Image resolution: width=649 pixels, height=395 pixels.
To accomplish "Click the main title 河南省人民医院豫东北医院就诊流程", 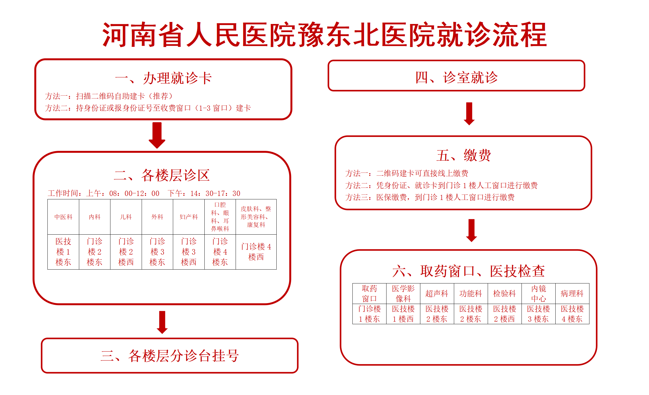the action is pyautogui.click(x=324, y=35).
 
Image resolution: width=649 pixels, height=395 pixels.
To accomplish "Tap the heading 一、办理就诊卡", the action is pyautogui.click(x=163, y=78).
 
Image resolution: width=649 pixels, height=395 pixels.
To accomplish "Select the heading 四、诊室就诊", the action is pyautogui.click(x=456, y=77).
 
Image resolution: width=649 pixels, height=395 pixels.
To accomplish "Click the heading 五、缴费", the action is pyautogui.click(x=463, y=155).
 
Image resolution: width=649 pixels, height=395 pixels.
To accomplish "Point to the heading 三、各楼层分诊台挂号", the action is pyautogui.click(x=170, y=356).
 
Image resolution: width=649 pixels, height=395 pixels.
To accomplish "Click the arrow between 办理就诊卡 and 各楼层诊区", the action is pyautogui.click(x=157, y=135).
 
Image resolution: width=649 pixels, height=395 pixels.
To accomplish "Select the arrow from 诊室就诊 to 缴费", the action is pyautogui.click(x=469, y=114).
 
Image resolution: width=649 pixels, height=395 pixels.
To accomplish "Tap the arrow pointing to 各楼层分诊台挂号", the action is pyautogui.click(x=162, y=322).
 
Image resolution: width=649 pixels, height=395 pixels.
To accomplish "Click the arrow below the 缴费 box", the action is pyautogui.click(x=472, y=230).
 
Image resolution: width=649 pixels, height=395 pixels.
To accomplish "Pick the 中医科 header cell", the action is pyautogui.click(x=63, y=217).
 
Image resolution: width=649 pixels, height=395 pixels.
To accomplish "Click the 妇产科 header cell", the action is pyautogui.click(x=189, y=217).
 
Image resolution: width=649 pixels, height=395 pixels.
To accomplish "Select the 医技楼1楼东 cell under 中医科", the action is pyautogui.click(x=63, y=252).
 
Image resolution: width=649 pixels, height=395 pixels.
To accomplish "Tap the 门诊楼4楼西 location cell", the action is pyautogui.click(x=256, y=252).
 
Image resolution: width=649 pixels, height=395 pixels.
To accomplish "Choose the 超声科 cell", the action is pyautogui.click(x=437, y=294).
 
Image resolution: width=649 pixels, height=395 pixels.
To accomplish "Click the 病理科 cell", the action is pyautogui.click(x=572, y=294).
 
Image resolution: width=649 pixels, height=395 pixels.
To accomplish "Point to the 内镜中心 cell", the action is pyautogui.click(x=539, y=294).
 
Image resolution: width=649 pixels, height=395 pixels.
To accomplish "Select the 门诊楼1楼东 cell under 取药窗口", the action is pyautogui.click(x=369, y=314).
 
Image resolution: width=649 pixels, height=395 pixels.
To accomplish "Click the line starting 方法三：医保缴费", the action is pyautogui.click(x=430, y=197).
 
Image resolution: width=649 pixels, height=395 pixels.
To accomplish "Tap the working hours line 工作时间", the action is pyautogui.click(x=144, y=193).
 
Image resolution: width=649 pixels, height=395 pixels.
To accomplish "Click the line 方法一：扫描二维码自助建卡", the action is pyautogui.click(x=109, y=96).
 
